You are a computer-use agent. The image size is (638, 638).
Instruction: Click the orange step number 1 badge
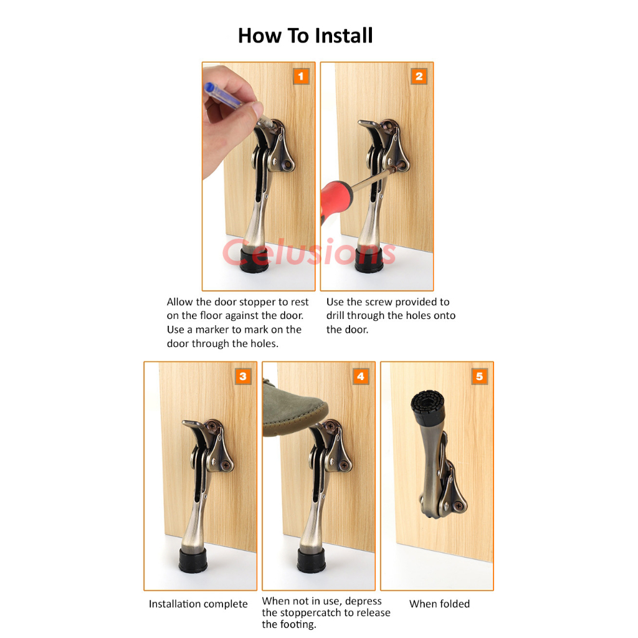[x=301, y=76]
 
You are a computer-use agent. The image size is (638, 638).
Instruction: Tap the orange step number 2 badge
[x=419, y=76]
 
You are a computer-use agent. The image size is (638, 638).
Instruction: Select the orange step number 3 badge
[x=243, y=376]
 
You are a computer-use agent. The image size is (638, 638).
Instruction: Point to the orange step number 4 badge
[x=361, y=376]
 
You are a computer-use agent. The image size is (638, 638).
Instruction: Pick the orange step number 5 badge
[x=479, y=376]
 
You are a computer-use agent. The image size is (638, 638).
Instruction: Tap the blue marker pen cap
[x=209, y=88]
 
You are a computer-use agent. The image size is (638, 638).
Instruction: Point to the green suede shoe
[x=293, y=407]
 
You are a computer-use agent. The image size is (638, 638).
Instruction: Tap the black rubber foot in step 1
[x=254, y=260]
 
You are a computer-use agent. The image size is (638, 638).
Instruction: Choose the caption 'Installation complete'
[x=198, y=604]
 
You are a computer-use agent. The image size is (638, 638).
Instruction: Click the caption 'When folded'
[x=439, y=604]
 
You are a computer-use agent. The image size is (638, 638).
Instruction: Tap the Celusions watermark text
[x=309, y=252]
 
